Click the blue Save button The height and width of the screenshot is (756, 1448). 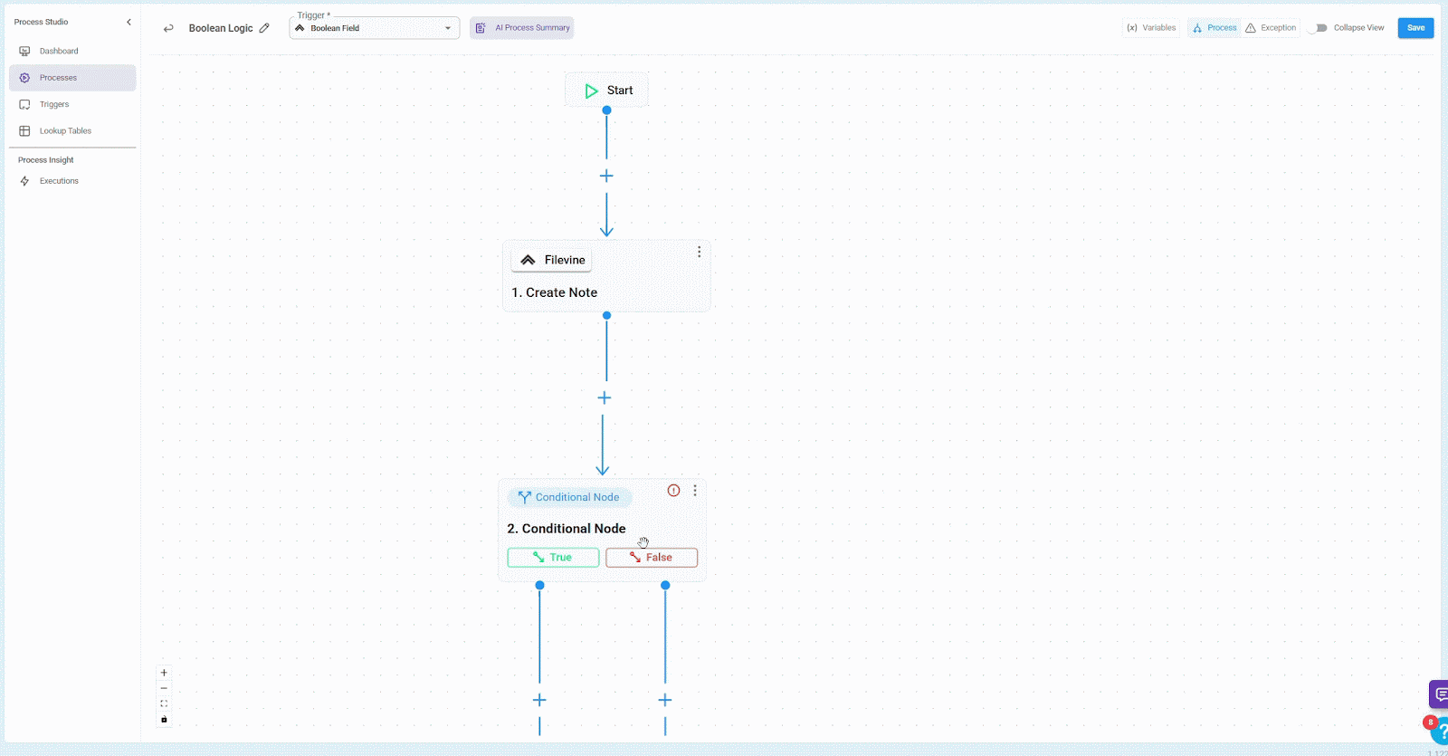(1415, 28)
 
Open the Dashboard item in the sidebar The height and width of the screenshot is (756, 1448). (59, 52)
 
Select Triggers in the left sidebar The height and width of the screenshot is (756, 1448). (54, 105)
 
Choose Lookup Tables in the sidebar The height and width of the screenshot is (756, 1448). (65, 131)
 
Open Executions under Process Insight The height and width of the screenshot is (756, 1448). (59, 181)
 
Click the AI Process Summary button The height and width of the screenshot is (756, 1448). (522, 28)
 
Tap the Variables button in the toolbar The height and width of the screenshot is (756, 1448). (1151, 28)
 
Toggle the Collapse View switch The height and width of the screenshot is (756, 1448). (1318, 28)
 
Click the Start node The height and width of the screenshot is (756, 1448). (607, 91)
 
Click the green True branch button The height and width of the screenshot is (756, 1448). (553, 558)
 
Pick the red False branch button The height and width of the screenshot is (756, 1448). (652, 558)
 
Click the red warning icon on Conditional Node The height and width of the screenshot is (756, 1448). (673, 491)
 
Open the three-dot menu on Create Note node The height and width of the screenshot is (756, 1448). (699, 252)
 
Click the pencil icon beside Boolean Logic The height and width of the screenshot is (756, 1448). (264, 28)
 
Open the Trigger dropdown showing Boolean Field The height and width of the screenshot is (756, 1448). (375, 28)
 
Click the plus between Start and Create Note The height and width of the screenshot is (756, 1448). (606, 176)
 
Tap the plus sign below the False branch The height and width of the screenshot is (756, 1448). (665, 700)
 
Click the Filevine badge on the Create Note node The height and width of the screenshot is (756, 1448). (552, 260)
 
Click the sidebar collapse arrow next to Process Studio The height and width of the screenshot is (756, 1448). (129, 22)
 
